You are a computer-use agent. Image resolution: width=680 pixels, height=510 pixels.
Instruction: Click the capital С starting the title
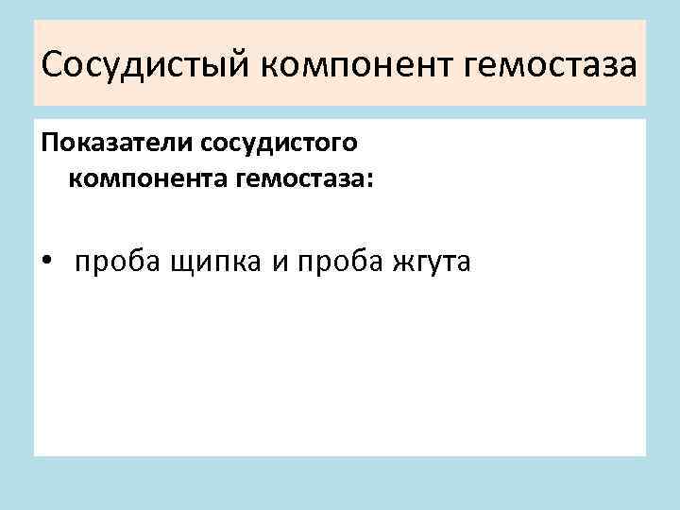(x=53, y=67)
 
